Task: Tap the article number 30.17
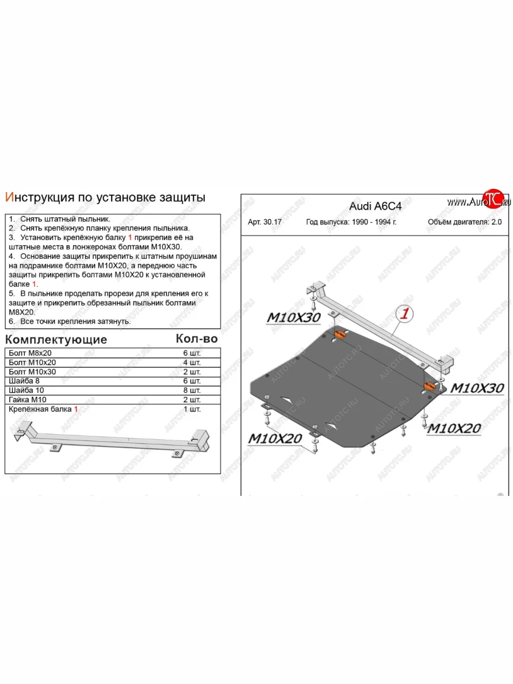click(x=266, y=222)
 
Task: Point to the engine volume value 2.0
click(x=496, y=222)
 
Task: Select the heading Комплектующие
click(x=56, y=340)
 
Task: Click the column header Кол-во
click(x=197, y=339)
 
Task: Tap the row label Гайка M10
click(x=29, y=400)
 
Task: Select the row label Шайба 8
click(x=25, y=381)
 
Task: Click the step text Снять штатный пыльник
click(x=65, y=219)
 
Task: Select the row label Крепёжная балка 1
click(x=41, y=409)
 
